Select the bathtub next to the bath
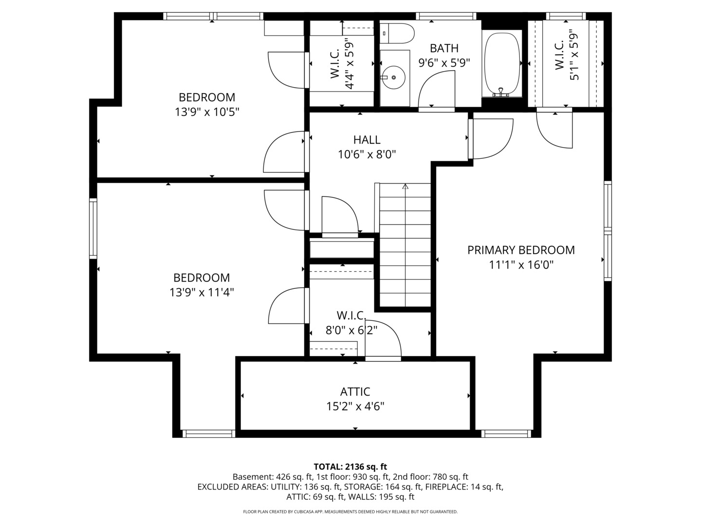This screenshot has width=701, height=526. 502,63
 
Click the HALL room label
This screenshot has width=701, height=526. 367,140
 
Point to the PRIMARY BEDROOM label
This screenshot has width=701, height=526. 521,250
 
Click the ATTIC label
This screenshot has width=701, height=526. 355,392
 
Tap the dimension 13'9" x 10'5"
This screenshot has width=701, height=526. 207,112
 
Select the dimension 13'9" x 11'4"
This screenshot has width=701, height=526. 202,292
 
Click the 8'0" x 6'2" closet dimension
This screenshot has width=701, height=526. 351,330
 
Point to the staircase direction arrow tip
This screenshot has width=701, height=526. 406,185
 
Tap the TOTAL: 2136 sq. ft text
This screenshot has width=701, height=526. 350,467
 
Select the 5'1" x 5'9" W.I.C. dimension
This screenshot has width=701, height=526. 574,56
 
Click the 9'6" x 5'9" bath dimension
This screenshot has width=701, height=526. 444,63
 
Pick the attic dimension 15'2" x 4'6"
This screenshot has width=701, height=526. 355,407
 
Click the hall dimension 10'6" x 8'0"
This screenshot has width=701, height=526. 367,154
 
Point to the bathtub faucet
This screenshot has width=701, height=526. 501,93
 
